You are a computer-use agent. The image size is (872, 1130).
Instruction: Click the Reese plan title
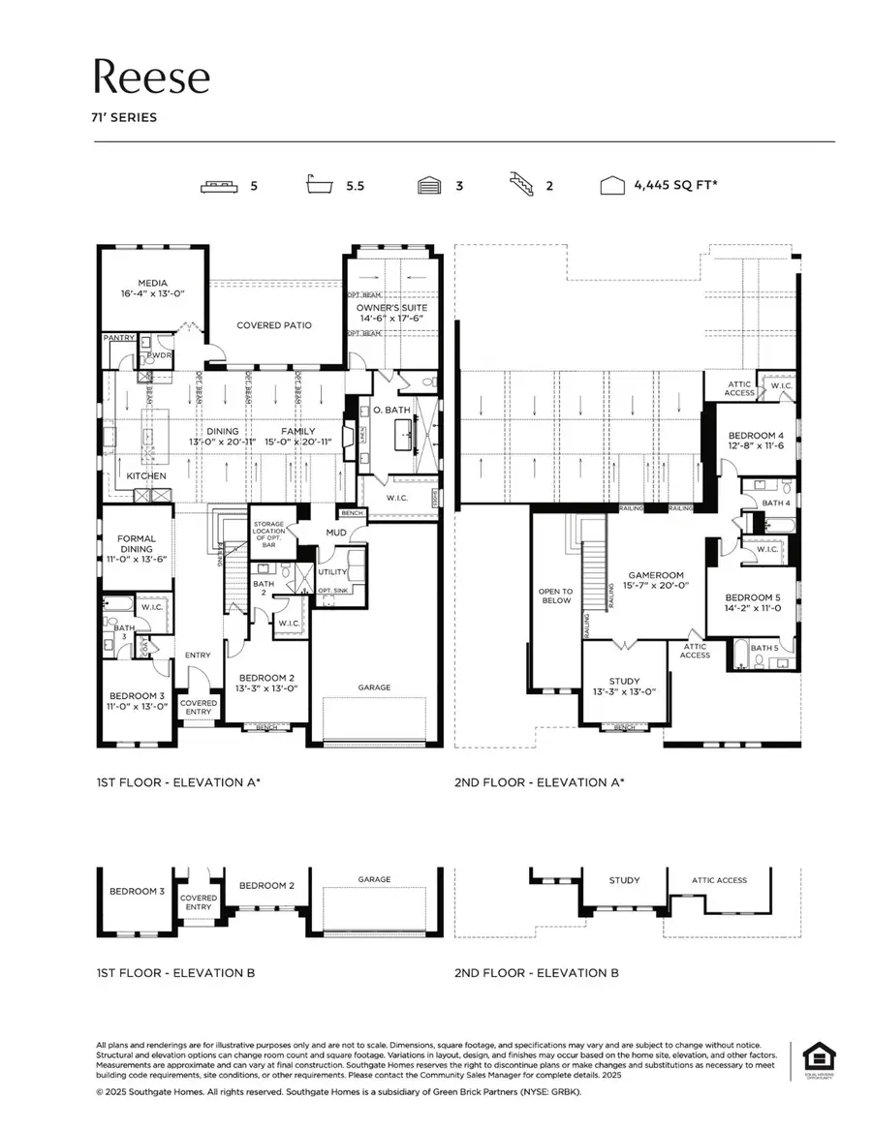click(x=151, y=76)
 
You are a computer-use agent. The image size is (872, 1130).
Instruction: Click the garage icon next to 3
click(x=430, y=185)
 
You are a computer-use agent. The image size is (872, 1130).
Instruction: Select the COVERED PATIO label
click(x=274, y=325)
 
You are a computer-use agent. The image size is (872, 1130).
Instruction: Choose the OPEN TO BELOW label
click(x=556, y=596)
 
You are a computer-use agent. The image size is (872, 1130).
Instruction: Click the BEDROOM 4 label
click(x=756, y=442)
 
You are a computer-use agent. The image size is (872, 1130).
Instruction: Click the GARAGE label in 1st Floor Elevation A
click(x=375, y=687)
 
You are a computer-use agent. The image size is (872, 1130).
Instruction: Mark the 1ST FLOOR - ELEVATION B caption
click(x=175, y=972)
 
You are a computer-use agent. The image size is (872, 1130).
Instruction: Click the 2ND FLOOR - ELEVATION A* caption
click(x=540, y=781)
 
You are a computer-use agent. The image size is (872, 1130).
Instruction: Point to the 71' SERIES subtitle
click(x=125, y=118)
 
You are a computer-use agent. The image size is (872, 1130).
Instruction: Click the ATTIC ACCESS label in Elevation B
click(x=719, y=880)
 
